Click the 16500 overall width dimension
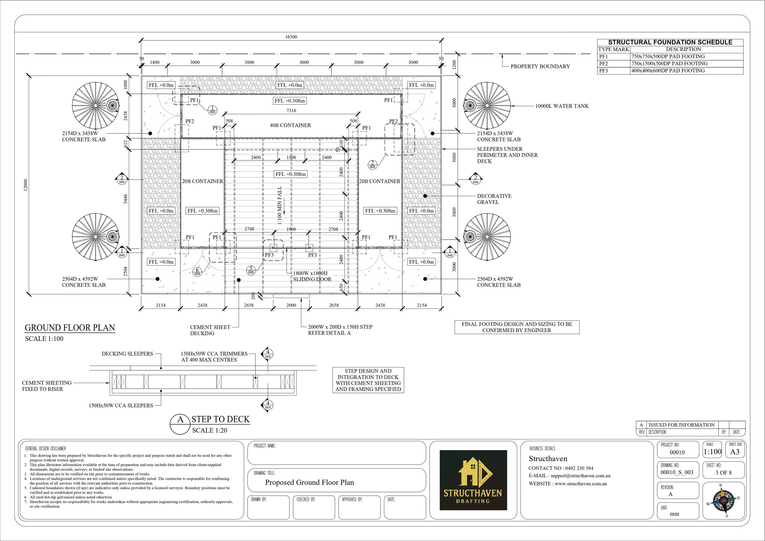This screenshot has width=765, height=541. [291, 37]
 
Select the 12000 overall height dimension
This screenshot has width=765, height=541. [26, 185]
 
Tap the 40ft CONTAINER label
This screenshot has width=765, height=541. [290, 125]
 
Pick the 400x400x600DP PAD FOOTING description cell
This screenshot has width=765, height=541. [668, 71]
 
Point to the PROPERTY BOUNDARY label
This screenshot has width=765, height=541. [540, 66]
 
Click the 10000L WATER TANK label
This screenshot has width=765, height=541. [562, 106]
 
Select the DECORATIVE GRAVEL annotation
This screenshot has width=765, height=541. [494, 199]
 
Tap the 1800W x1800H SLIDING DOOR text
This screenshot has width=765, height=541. [312, 276]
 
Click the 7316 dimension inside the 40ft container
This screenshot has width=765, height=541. [291, 110]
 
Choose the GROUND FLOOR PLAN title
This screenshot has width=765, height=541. [70, 328]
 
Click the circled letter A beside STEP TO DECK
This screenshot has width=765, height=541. [180, 420]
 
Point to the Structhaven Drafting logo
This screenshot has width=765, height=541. [473, 480]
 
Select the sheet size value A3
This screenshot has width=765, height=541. [735, 452]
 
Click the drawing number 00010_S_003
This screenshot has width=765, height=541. [677, 472]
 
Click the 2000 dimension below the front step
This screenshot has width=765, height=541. [291, 305]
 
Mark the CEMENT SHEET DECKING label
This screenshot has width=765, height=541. [210, 330]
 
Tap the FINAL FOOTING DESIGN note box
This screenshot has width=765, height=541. [517, 327]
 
